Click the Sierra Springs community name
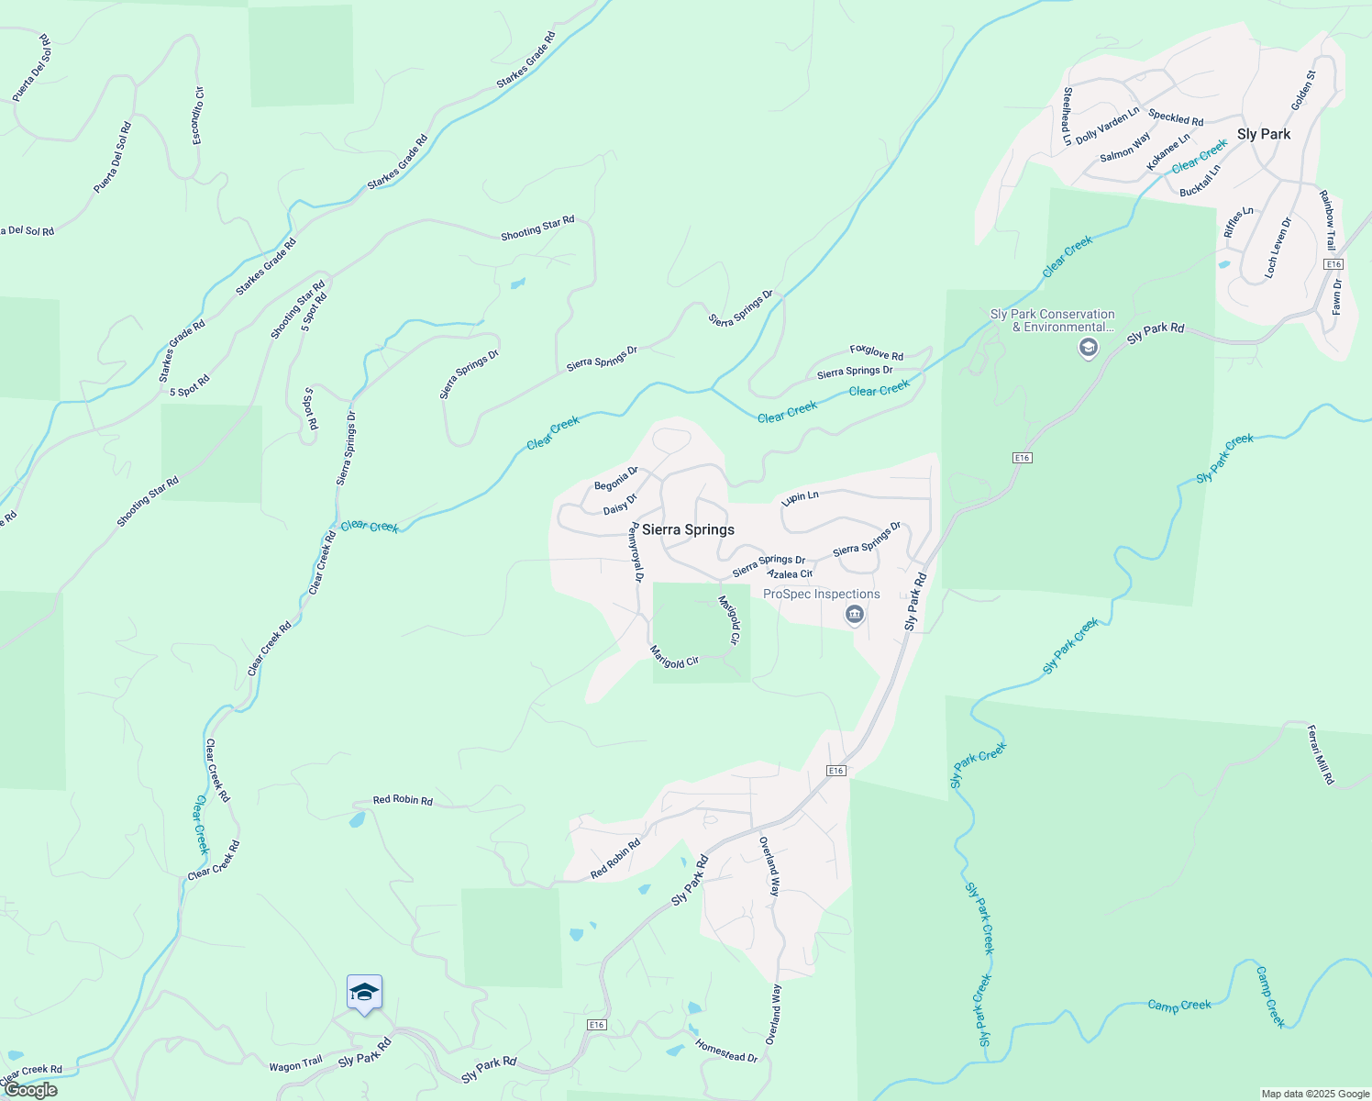point(688,529)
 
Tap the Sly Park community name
point(1263,134)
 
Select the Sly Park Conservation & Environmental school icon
point(1088,348)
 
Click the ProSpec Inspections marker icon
point(855,615)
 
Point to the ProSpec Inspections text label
point(821,595)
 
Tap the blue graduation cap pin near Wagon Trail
point(364,993)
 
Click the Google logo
point(30,1090)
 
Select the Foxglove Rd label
point(876,352)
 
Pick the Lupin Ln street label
point(800,497)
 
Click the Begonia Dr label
point(615,479)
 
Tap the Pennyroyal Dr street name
point(636,552)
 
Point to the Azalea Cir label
point(790,573)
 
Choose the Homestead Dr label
point(726,1051)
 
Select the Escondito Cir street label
point(197,116)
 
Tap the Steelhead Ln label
point(1067,117)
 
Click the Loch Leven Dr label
point(1277,248)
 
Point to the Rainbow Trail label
point(1327,220)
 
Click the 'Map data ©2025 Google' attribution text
point(1315,1094)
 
